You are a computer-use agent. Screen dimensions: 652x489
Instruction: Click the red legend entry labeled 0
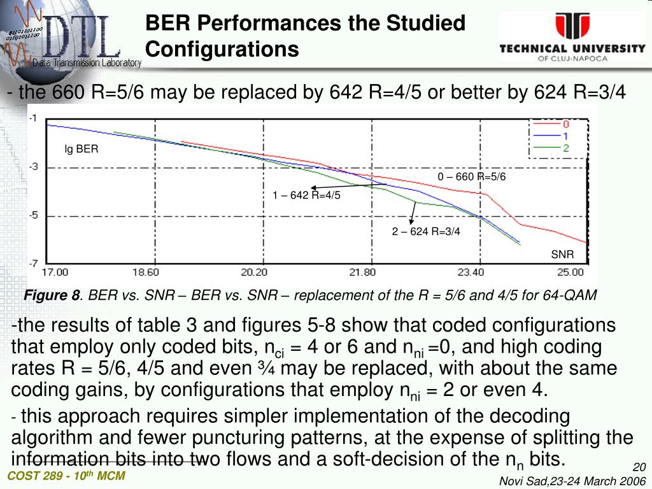551,124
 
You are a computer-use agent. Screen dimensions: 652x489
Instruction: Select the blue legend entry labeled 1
551,136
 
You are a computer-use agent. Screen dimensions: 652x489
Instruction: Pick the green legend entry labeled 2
551,148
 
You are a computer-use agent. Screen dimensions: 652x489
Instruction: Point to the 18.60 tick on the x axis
146,273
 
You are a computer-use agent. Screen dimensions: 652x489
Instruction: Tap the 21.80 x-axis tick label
362,273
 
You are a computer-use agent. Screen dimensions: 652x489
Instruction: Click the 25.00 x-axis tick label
570,273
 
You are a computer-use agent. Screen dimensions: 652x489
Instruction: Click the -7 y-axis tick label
33,264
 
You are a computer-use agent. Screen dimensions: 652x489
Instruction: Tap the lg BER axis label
81,149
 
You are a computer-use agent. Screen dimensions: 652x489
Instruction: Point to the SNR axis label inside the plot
562,254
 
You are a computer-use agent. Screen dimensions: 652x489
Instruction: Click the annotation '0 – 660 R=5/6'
472,177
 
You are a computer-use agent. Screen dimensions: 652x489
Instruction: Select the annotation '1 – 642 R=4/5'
306,195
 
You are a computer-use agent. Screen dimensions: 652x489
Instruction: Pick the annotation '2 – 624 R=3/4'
426,231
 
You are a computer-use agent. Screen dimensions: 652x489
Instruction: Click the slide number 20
639,467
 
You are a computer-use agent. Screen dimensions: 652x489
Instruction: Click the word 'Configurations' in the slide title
222,49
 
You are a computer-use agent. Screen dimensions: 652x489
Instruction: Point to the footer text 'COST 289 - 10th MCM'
66,476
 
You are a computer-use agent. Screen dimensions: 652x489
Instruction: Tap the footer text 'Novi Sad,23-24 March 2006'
572,481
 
